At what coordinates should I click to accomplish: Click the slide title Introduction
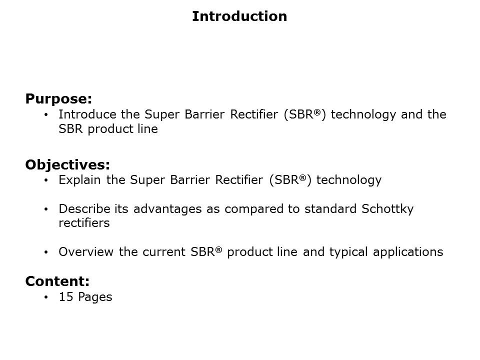coord(239,16)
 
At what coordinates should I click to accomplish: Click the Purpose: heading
coord(58,98)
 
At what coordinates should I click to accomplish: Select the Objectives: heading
coord(67,164)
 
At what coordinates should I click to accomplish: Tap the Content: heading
coord(57,281)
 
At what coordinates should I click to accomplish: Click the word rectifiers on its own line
coord(83,223)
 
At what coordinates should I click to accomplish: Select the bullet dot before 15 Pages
coord(46,297)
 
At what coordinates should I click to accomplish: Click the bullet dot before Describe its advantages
coord(46,209)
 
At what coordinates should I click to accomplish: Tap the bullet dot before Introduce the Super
coord(46,115)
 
